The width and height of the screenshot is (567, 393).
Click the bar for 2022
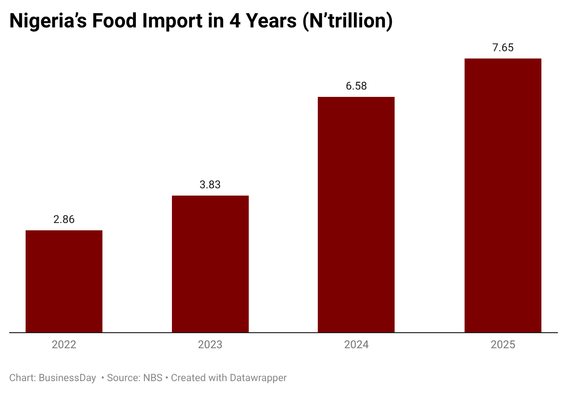tap(64, 281)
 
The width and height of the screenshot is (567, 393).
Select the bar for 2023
tap(210, 264)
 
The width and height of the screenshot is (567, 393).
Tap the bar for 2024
tap(356, 214)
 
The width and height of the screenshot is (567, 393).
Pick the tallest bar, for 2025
tap(503, 195)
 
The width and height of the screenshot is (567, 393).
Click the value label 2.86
tap(64, 219)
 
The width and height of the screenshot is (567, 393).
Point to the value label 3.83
tap(210, 185)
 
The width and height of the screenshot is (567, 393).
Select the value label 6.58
tap(356, 86)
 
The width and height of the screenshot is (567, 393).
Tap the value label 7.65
tap(503, 48)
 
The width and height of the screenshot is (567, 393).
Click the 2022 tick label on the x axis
tap(64, 345)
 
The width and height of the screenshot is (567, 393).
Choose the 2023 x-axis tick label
tap(210, 345)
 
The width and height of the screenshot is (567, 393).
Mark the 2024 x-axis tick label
tap(356, 345)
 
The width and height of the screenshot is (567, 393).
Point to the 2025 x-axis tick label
tap(503, 345)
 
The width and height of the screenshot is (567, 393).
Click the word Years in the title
tap(269, 21)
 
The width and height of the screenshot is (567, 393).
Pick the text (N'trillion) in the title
tap(348, 21)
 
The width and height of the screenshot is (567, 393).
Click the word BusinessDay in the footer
tap(67, 378)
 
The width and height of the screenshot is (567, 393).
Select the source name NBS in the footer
tap(152, 378)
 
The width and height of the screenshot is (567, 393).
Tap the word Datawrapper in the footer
tap(258, 378)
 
